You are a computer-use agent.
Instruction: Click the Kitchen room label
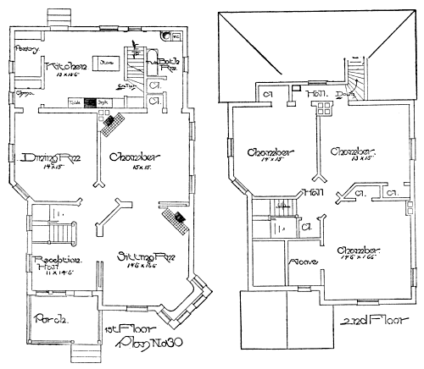tap(63, 67)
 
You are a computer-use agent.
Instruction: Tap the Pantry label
tap(28, 49)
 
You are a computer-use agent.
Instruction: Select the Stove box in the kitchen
tap(107, 62)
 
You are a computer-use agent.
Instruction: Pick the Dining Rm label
tap(41, 158)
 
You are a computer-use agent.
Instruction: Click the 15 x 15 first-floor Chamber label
tap(126, 158)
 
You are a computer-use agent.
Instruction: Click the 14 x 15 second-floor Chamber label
tap(271, 153)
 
